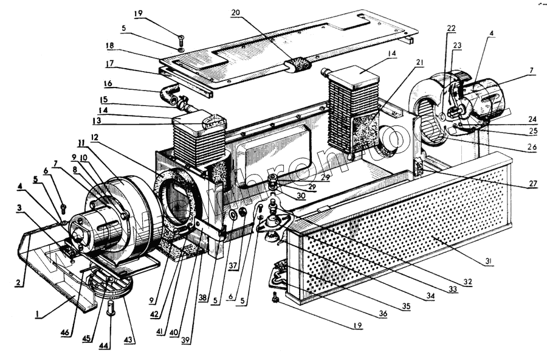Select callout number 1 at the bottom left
click(x=37, y=314)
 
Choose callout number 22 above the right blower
click(x=450, y=29)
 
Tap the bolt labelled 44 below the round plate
click(x=111, y=306)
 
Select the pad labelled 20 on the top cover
click(x=299, y=64)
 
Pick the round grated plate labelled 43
click(x=108, y=285)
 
